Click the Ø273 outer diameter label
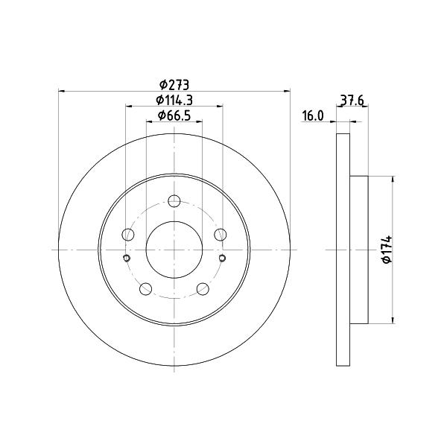[174, 85]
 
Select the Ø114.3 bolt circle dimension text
[174, 100]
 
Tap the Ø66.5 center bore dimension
[174, 115]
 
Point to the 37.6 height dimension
[352, 101]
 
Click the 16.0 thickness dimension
[313, 116]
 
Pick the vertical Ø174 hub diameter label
[387, 249]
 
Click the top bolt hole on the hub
[174, 201]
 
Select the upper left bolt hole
[128, 235]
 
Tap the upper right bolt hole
[221, 235]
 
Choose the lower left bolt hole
[146, 289]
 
